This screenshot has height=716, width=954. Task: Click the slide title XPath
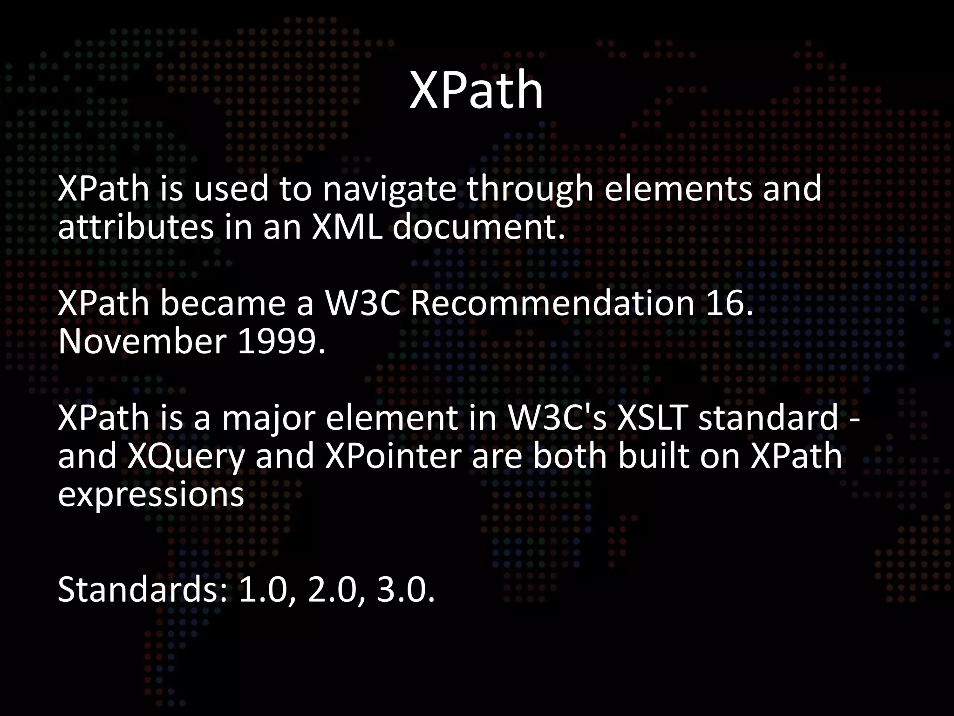pyautogui.click(x=476, y=90)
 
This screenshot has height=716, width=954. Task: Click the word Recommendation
pyautogui.click(x=552, y=303)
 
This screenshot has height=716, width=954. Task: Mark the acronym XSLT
pyautogui.click(x=652, y=417)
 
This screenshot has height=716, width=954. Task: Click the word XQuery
pyautogui.click(x=186, y=456)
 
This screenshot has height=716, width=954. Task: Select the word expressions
pyautogui.click(x=151, y=494)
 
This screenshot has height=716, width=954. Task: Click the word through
pyautogui.click(x=530, y=190)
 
